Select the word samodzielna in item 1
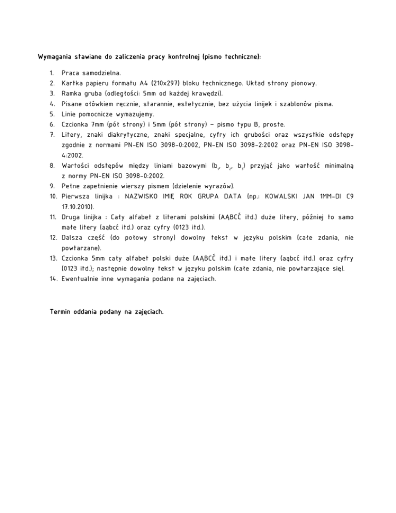click(101, 73)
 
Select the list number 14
click(53, 279)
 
